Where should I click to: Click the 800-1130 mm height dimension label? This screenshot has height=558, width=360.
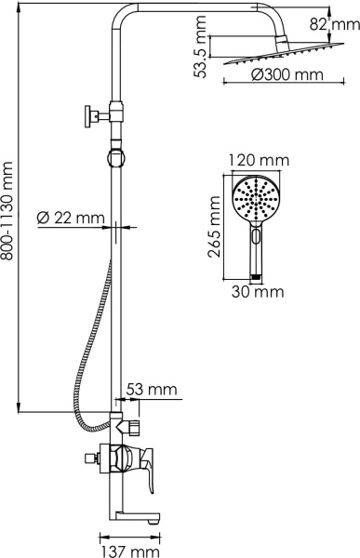9,210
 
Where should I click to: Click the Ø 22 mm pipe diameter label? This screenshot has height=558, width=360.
69,219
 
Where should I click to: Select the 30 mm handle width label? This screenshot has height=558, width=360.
256,292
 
